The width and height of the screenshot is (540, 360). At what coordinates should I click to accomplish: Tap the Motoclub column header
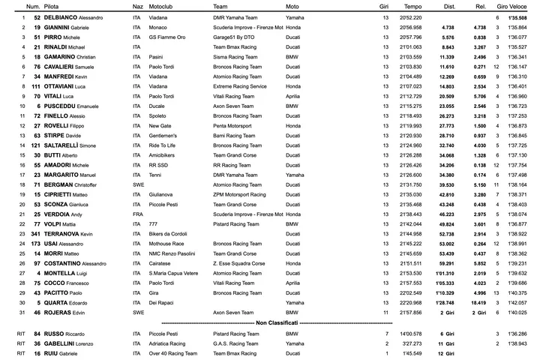click(x=164, y=6)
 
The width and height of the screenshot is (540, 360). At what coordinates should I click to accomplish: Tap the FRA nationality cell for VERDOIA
click(x=137, y=214)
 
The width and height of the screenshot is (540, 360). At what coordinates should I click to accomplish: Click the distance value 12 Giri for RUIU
click(x=446, y=352)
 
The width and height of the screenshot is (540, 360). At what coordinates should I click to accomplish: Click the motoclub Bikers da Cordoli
click(x=167, y=233)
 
